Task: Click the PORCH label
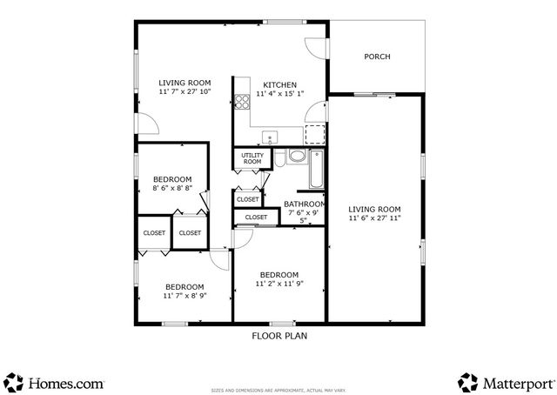(x=376, y=57)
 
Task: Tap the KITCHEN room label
(x=279, y=84)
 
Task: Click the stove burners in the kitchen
(x=241, y=103)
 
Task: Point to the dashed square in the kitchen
(x=314, y=134)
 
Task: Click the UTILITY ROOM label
(x=252, y=158)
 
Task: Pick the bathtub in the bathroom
(x=316, y=170)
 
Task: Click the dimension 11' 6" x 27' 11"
(x=374, y=218)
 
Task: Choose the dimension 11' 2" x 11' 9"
(x=278, y=283)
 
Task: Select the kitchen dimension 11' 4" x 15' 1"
(x=279, y=94)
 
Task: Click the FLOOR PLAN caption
(x=279, y=335)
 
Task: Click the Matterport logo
(x=505, y=382)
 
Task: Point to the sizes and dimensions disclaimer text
(x=278, y=391)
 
